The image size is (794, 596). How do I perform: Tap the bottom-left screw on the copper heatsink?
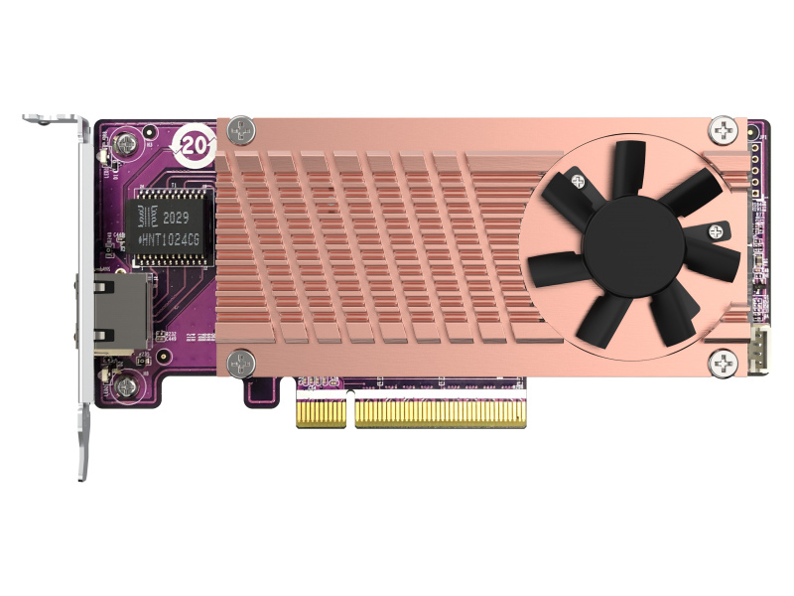coord(237,362)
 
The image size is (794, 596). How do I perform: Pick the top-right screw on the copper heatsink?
coord(723,129)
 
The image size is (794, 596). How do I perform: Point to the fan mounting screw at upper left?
coord(575,181)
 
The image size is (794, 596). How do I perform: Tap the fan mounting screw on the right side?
coord(715,230)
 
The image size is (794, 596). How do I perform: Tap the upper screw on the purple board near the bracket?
coord(125,145)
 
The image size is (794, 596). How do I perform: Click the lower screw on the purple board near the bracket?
coord(125,383)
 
